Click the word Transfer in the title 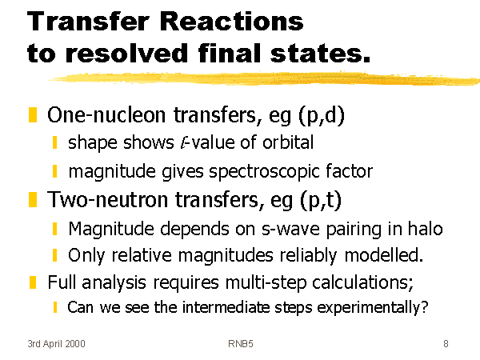[x=88, y=21]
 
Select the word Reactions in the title [x=231, y=21]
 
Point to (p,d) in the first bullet [x=322, y=116]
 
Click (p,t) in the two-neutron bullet [x=321, y=200]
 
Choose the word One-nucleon [x=106, y=114]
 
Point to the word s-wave [x=290, y=230]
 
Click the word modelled [x=384, y=255]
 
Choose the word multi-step [x=266, y=282]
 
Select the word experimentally [x=372, y=308]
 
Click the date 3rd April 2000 [x=56, y=344]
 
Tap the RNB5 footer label [x=241, y=344]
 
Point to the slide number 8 [x=446, y=344]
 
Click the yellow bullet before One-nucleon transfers [x=33, y=114]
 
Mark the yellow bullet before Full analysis [x=33, y=282]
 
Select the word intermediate [x=226, y=307]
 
